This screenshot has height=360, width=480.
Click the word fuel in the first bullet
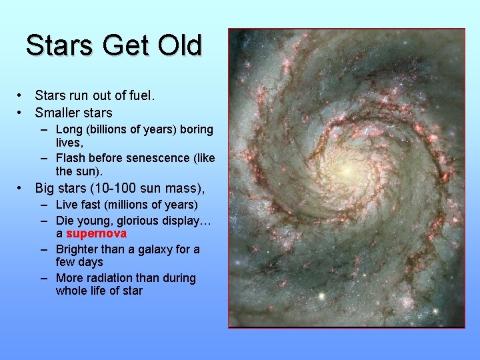pos(140,95)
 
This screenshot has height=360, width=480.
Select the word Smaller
pos(61,113)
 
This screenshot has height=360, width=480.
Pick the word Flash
pos(71,158)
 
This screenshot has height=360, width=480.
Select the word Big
pos(45,187)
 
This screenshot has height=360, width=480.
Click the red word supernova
pos(97,234)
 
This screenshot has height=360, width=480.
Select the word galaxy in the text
pos(156,249)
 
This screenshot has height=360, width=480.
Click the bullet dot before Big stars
pos(21,188)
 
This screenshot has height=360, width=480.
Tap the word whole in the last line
pos(71,291)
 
